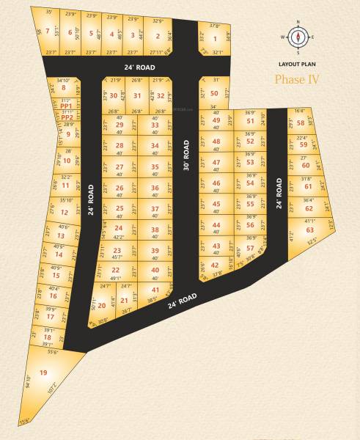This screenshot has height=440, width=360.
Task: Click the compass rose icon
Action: coord(297,37)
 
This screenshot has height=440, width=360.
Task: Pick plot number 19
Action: coord(43,373)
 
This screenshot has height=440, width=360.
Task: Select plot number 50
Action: coord(213,93)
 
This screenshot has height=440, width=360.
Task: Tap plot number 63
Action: coord(309,230)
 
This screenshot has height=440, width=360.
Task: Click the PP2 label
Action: coord(67,117)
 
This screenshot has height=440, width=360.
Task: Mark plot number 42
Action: coord(214,265)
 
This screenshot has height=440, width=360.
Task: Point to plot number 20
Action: coord(102,305)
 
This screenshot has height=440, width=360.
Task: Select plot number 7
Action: coord(48,31)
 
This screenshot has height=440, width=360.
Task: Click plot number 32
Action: coord(161,95)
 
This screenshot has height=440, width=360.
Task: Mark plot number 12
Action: coord(65,213)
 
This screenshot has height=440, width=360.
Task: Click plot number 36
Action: coord(155,188)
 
